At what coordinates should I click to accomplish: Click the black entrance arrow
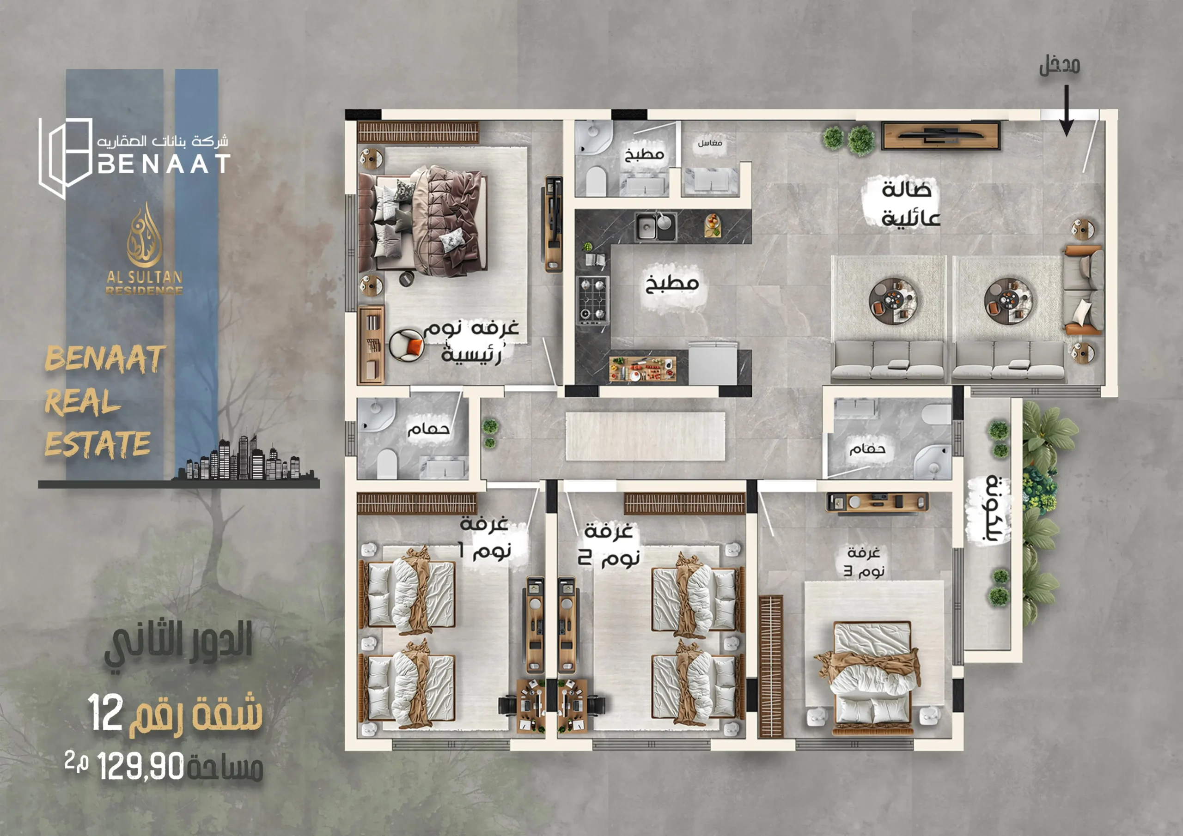(1066, 111)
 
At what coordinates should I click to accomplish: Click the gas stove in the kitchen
(592, 299)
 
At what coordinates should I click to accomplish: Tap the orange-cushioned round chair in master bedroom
(407, 345)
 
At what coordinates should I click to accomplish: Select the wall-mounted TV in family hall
(941, 135)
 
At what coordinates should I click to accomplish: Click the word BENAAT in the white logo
(164, 164)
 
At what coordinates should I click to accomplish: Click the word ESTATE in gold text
(98, 443)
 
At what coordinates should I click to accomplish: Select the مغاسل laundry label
(710, 142)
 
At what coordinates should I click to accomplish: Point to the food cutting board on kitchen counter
(642, 369)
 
